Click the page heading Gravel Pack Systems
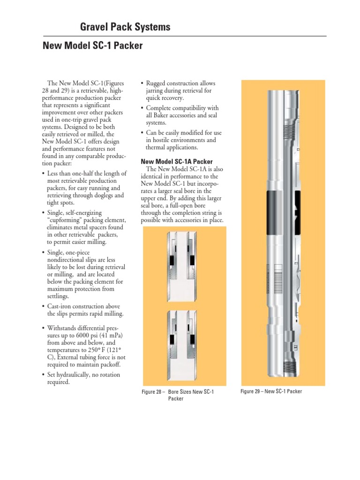coord(125,27)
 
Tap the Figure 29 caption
coord(271,391)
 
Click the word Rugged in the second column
coord(157,83)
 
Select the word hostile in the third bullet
coord(162,140)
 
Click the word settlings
coord(59,296)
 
